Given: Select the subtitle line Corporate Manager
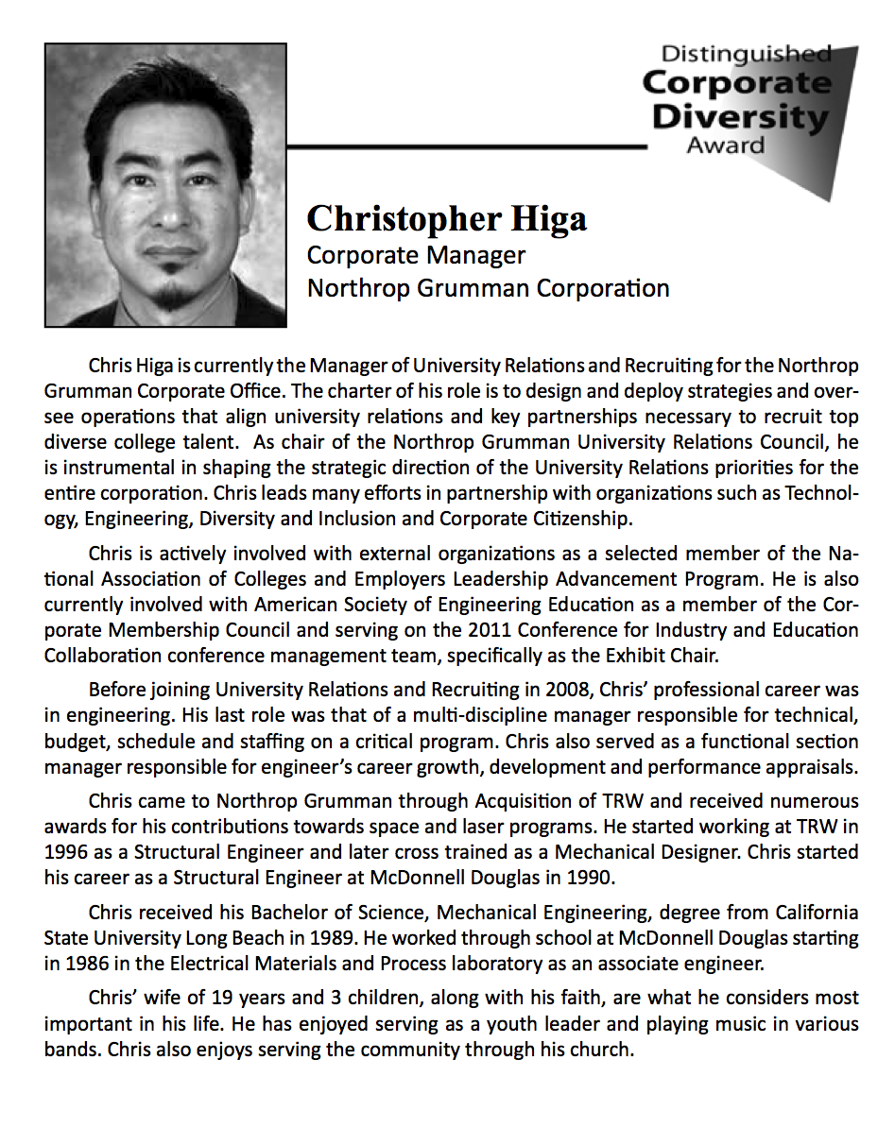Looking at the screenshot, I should click(416, 255).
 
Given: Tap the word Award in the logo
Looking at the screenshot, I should click(726, 145).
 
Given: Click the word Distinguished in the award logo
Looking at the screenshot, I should click(746, 54).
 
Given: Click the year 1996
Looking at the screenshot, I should click(65, 851).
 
